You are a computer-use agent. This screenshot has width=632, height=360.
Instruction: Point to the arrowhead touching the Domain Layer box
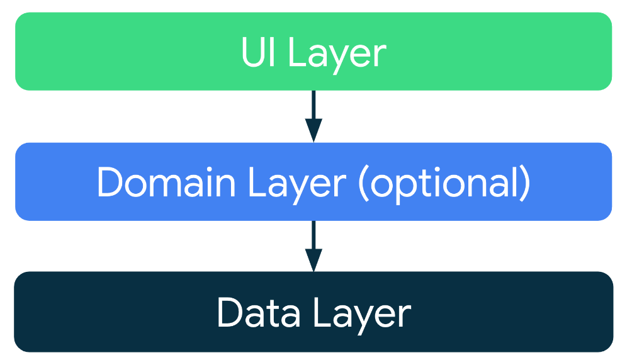(313, 132)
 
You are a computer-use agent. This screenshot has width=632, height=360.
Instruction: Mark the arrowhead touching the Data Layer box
(313, 261)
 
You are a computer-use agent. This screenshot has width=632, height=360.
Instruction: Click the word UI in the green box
(258, 53)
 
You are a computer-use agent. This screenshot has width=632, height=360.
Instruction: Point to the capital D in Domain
(110, 183)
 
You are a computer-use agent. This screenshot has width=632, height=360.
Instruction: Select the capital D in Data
(230, 313)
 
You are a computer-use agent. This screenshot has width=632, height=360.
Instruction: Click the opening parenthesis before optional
(363, 184)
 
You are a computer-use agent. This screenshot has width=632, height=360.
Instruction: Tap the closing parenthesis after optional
(524, 184)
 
